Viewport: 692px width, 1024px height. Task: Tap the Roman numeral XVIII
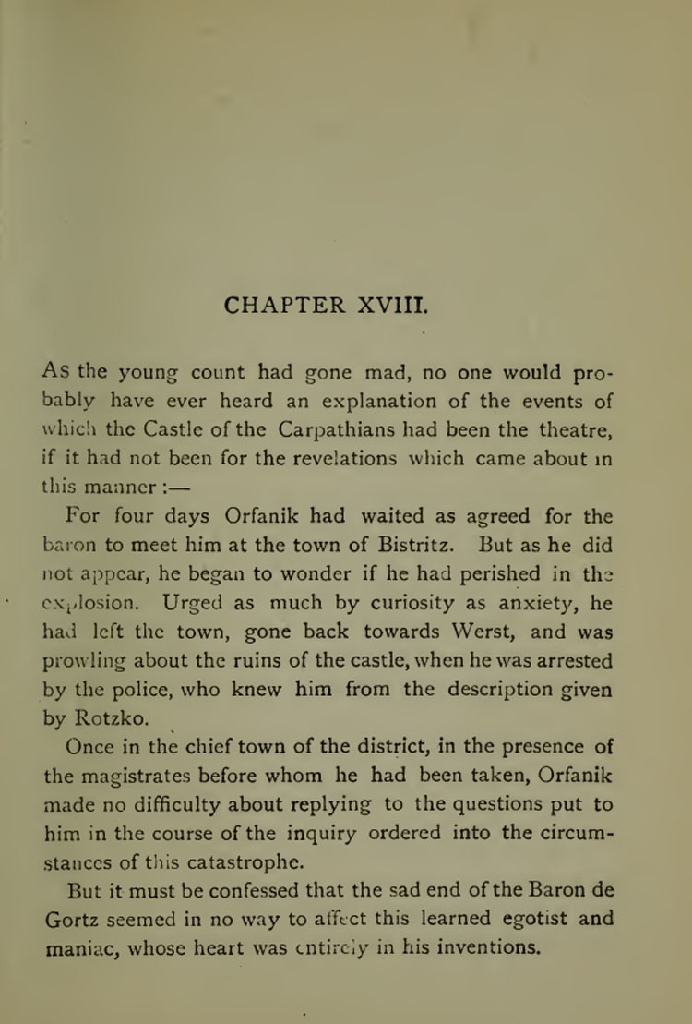coord(385,304)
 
